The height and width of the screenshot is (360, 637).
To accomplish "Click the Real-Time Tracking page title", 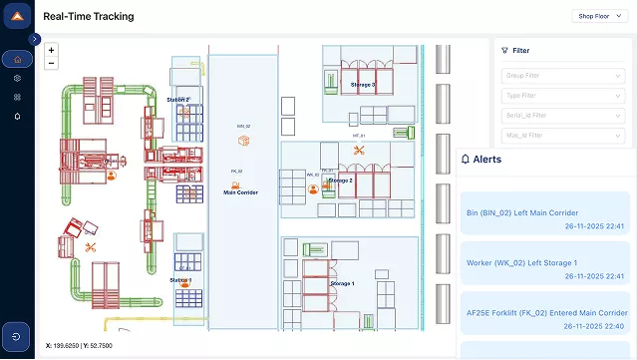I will point(88,17).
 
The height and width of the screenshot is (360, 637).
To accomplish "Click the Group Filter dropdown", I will point(562,74).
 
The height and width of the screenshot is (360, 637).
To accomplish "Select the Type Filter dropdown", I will point(562,95).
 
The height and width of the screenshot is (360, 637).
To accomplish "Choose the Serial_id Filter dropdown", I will point(562,115).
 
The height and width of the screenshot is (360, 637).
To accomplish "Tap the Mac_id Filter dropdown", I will point(562,135).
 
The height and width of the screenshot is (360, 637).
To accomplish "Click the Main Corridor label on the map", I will point(240,192).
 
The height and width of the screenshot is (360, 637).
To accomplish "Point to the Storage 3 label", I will point(363,85).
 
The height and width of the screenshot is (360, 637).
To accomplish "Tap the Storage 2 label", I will point(341,180).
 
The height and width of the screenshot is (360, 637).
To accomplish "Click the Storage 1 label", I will point(342,284).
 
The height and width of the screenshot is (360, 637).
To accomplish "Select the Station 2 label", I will point(178,100).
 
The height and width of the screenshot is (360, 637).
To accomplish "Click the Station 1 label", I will point(180,280).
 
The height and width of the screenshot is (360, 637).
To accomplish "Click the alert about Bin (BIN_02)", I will point(544,218).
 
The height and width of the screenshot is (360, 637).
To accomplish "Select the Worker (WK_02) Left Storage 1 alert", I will point(544,268).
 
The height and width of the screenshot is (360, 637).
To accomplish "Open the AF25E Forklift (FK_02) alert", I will point(544,318).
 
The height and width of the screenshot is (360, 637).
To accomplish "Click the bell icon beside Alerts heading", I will point(465,159).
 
